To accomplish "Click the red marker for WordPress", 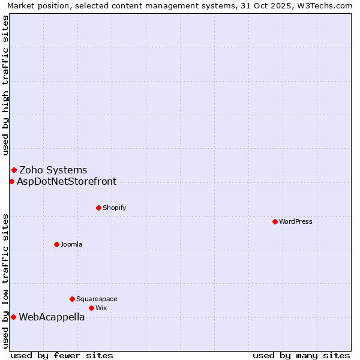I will pyautogui.click(x=275, y=221).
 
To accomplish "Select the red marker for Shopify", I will pyautogui.click(x=98, y=208).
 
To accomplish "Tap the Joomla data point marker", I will pyautogui.click(x=56, y=244).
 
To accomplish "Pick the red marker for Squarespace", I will pyautogui.click(x=72, y=299).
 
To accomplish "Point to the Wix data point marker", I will pyautogui.click(x=91, y=308).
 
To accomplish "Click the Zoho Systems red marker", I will pyautogui.click(x=14, y=170).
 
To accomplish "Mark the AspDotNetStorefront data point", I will pyautogui.click(x=11, y=181).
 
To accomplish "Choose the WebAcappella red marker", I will pyautogui.click(x=13, y=317).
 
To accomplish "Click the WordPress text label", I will pyautogui.click(x=296, y=221).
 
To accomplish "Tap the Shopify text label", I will pyautogui.click(x=114, y=208).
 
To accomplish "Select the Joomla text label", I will pyautogui.click(x=71, y=244).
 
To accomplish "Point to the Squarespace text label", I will pyautogui.click(x=97, y=299).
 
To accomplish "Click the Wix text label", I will pyautogui.click(x=101, y=308).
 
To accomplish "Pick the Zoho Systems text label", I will pyautogui.click(x=53, y=170).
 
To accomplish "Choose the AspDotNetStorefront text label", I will pyautogui.click(x=67, y=181).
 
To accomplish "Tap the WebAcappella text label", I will pyautogui.click(x=52, y=317).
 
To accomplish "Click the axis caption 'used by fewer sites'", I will pyautogui.click(x=62, y=355).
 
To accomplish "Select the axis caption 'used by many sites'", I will pyautogui.click(x=301, y=355).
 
